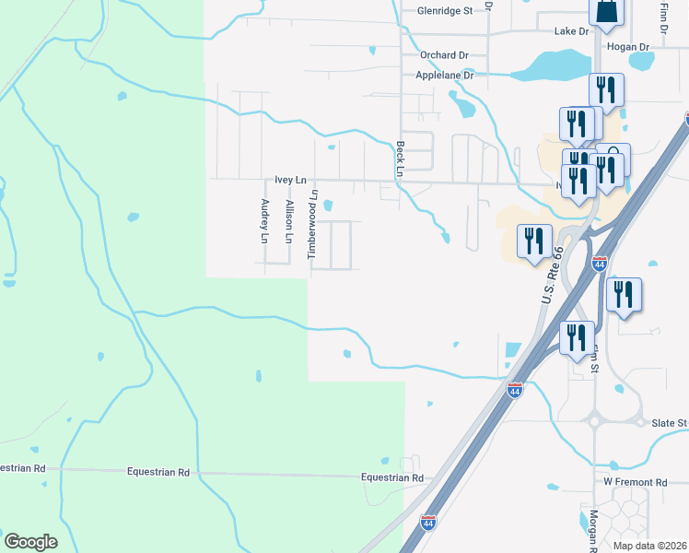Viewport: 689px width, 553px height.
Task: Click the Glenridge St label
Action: (444, 11)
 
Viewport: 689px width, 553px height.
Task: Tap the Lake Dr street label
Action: (571, 31)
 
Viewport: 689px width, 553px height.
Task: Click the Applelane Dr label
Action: (444, 76)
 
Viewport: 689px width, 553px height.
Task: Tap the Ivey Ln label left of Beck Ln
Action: (289, 181)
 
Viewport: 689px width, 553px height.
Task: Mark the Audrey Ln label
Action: (264, 221)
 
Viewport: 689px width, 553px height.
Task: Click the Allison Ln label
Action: (289, 221)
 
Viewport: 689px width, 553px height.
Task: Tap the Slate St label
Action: (671, 423)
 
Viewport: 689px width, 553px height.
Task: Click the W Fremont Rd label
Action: (635, 482)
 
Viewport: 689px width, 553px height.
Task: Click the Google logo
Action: (30, 542)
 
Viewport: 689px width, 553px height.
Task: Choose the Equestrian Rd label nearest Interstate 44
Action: (392, 478)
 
